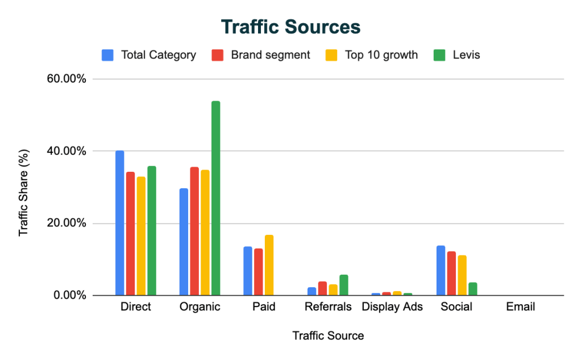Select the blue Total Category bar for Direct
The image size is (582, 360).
[x=120, y=223]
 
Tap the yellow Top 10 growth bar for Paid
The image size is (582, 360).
[x=269, y=265]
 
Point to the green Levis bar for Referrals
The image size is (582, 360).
[x=344, y=285]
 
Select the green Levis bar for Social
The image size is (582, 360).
[x=472, y=289]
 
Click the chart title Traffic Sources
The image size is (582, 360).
[x=290, y=27]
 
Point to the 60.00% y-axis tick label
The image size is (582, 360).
[x=66, y=79]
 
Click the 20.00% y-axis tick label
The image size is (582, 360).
[x=66, y=224]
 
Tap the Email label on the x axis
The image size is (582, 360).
[x=521, y=307]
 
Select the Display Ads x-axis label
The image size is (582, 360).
[x=393, y=307]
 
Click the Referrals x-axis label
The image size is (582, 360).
[x=328, y=307]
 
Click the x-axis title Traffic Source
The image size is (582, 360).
[x=328, y=336]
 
